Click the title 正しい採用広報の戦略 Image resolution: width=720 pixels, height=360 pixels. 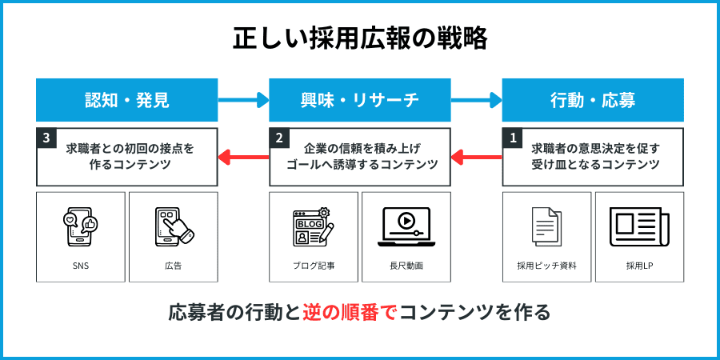click(x=360, y=38)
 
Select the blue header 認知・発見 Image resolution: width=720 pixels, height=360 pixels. click(x=127, y=100)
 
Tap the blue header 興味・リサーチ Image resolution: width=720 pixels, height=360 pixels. click(x=360, y=100)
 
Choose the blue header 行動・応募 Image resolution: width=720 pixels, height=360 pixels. click(x=593, y=100)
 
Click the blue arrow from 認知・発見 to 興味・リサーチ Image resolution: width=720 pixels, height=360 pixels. click(x=243, y=100)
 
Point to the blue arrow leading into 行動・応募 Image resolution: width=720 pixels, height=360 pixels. click(x=476, y=100)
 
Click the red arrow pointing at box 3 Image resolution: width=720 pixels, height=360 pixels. click(x=243, y=156)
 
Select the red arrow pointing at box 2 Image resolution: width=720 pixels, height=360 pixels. click(x=476, y=156)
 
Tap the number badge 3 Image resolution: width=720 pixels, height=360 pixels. click(x=46, y=138)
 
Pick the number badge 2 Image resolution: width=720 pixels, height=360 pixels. click(x=279, y=138)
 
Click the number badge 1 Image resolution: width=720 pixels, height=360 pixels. click(x=513, y=138)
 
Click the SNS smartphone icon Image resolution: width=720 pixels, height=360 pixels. click(x=81, y=226)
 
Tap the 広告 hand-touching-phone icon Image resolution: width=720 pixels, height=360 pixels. click(x=174, y=226)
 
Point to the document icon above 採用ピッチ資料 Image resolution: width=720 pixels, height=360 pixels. click(x=546, y=226)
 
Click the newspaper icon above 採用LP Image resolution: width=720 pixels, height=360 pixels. click(x=639, y=226)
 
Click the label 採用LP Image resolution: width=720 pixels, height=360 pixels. click(x=639, y=266)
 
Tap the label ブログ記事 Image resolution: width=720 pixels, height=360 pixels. click(x=314, y=266)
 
